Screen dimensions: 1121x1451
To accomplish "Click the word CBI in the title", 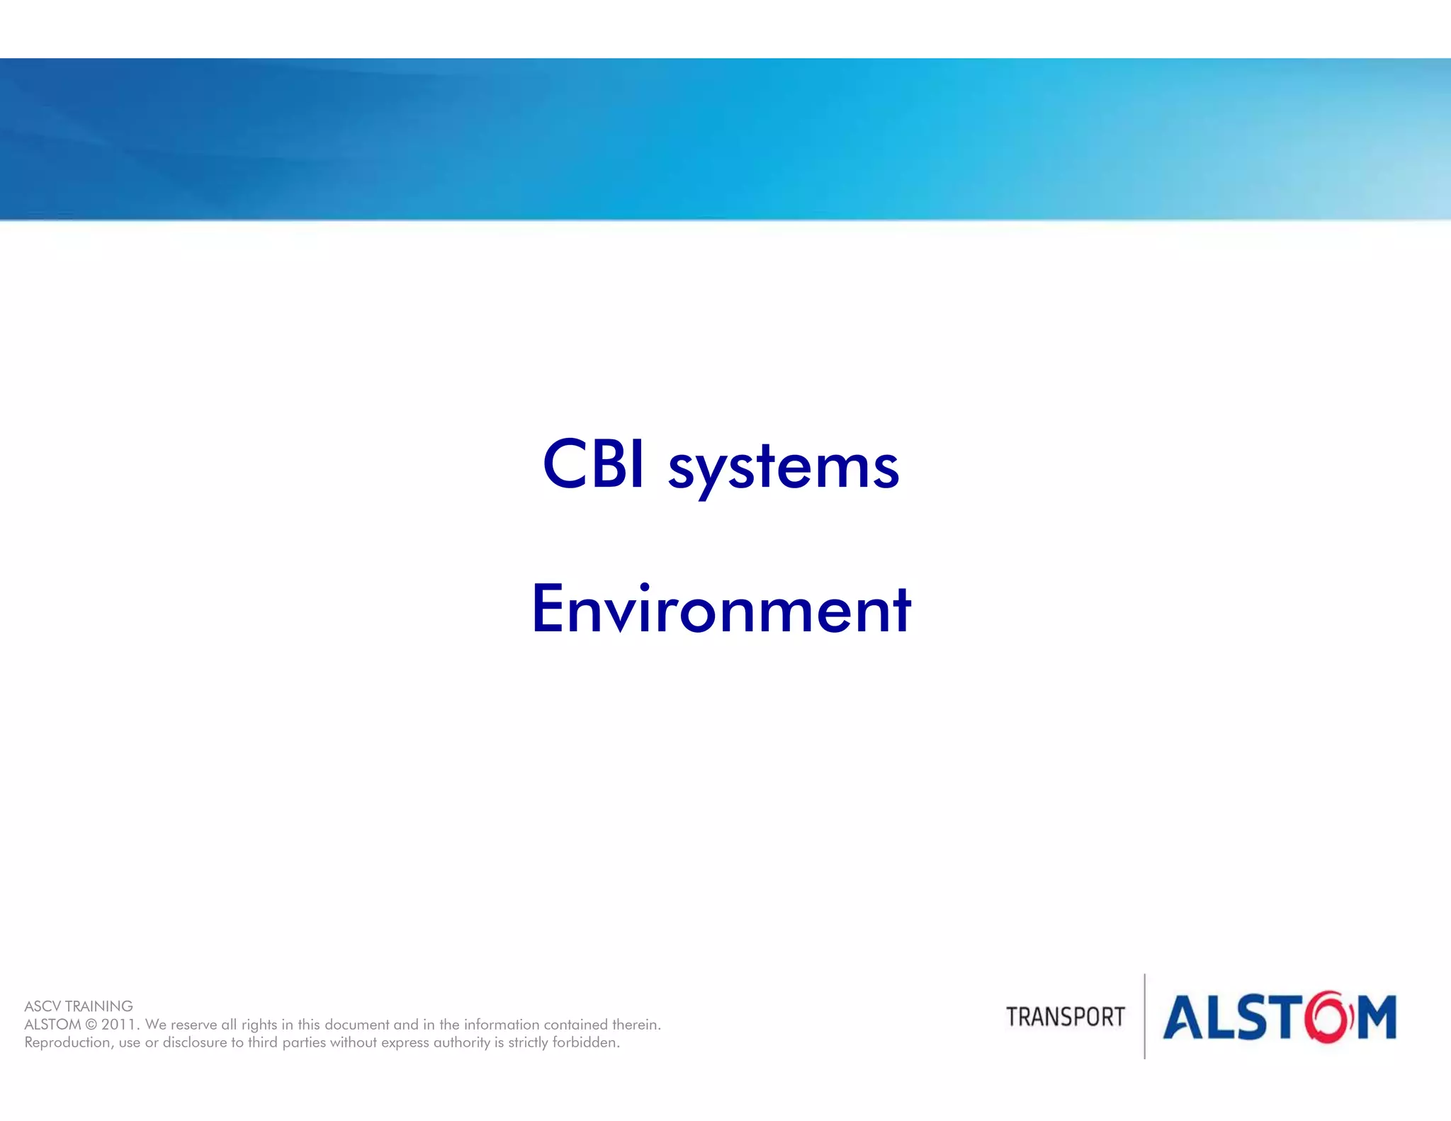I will point(593,465).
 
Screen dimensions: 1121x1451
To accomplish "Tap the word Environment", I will point(721,609).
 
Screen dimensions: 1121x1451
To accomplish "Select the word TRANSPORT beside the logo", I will point(1065,1017).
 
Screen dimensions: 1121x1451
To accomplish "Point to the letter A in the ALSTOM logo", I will point(1186,1018).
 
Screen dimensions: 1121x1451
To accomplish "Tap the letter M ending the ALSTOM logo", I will point(1376,1018).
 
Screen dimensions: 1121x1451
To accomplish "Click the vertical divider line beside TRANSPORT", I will point(1144,1016).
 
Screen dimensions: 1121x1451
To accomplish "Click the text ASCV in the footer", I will point(42,1006).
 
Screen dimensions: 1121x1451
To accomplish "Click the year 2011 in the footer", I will point(119,1025).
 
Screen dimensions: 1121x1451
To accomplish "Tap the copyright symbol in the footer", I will point(91,1025).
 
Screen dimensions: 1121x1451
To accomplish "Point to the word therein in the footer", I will point(636,1025).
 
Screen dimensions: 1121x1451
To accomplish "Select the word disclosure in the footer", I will point(194,1042).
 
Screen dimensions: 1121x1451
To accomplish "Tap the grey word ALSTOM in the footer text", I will point(52,1025).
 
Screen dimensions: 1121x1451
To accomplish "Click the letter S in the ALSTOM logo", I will point(1258,1018).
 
